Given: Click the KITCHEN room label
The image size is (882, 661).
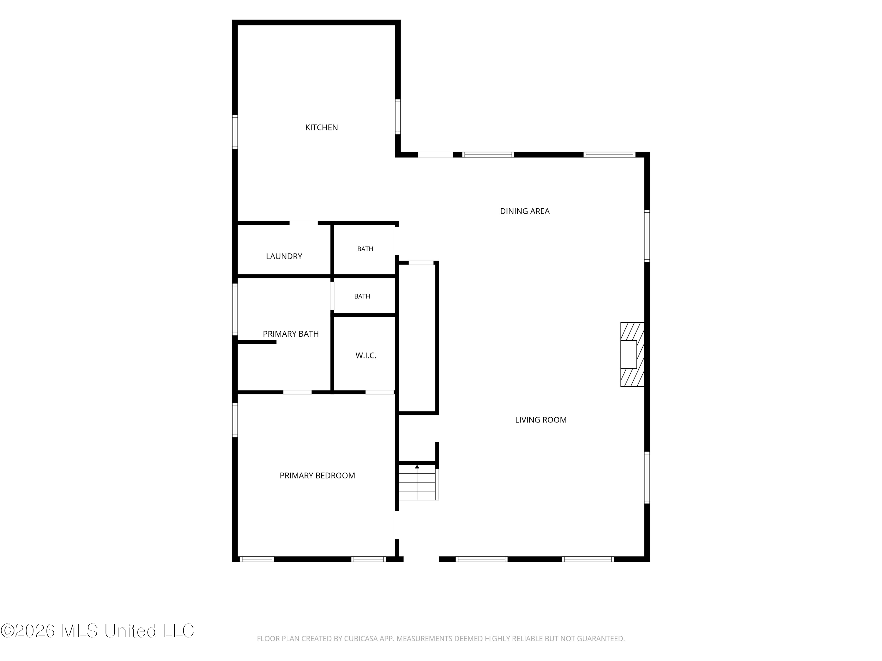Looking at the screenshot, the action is tap(321, 127).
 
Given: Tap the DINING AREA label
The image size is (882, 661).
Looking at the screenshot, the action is tap(525, 211).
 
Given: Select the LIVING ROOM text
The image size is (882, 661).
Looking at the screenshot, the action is tap(541, 420).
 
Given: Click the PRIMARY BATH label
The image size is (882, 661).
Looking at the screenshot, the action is tap(291, 334).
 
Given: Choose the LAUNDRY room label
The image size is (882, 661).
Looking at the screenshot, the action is tap(284, 256).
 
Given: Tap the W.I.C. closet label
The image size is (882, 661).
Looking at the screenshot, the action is tap(366, 355).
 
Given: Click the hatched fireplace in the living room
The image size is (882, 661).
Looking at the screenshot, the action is tap(632, 354).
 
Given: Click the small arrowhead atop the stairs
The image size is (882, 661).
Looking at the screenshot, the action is tap(417, 467).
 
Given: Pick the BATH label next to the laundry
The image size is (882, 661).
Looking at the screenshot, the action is tap(365, 249).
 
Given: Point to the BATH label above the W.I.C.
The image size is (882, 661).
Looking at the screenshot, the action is tap(362, 296).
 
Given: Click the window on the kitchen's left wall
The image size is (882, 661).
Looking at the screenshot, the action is tap(235, 132).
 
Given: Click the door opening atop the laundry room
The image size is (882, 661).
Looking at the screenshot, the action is tap(303, 223).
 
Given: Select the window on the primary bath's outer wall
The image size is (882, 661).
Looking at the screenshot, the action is tap(235, 309).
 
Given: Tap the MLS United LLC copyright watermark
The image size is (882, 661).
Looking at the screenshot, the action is tap(97, 630).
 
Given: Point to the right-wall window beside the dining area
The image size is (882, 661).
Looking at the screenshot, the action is tap(647, 236).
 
